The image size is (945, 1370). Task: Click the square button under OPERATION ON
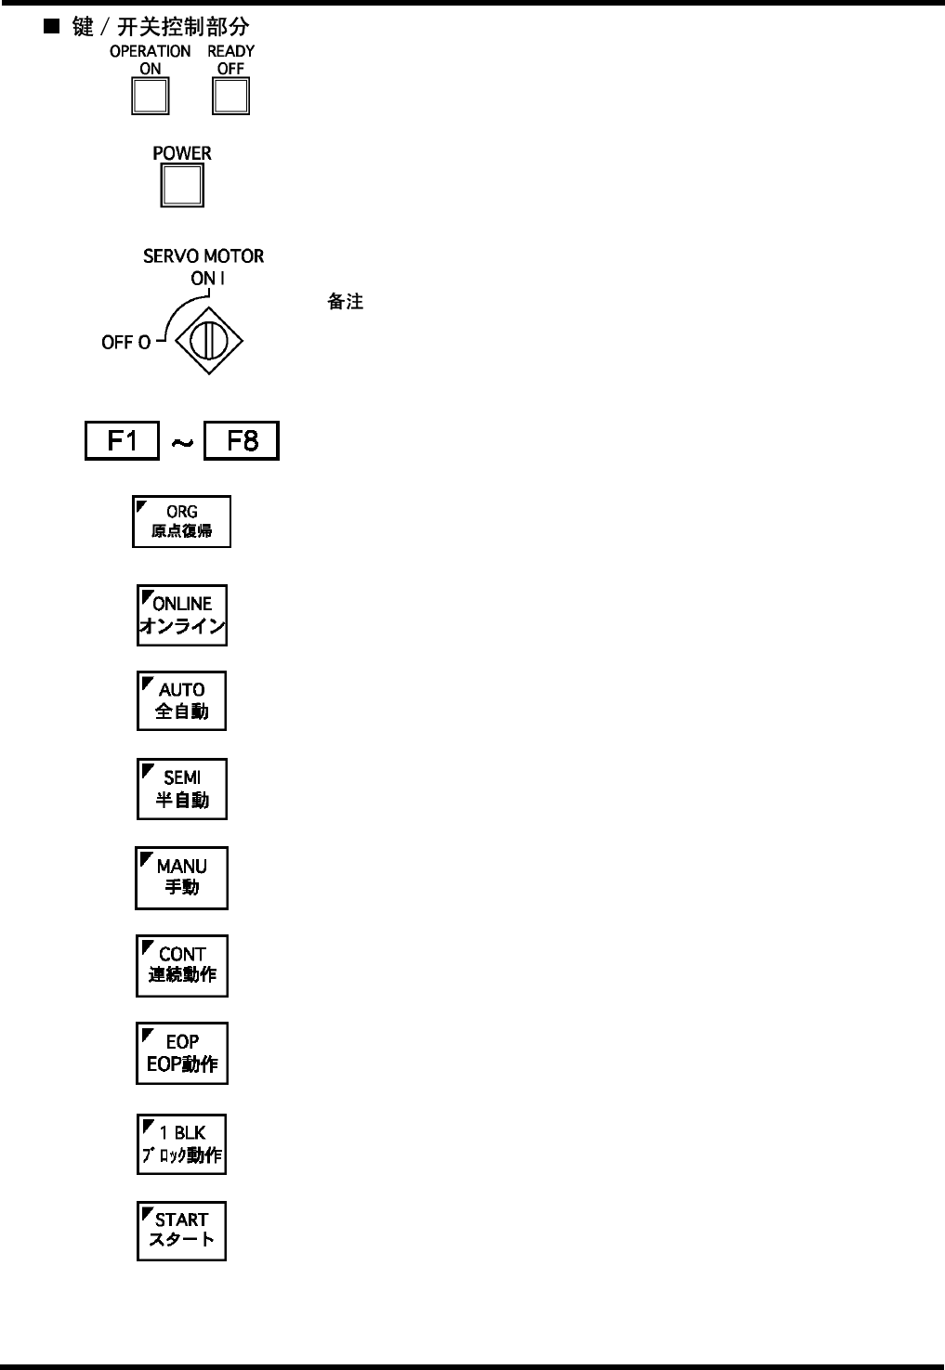(x=150, y=97)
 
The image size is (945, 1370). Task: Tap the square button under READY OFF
(x=230, y=97)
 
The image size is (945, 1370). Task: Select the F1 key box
(x=122, y=440)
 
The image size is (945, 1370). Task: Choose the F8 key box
(x=242, y=440)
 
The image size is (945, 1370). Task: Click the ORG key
(x=181, y=521)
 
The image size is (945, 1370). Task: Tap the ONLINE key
(x=182, y=615)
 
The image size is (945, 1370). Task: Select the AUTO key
(x=182, y=700)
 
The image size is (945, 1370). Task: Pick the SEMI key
(x=182, y=789)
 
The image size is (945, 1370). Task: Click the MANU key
(x=182, y=877)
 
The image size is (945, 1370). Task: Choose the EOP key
(x=182, y=1053)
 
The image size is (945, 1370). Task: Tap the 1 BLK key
(x=182, y=1143)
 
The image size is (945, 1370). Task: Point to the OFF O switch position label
(x=125, y=343)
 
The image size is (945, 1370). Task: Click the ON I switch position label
(x=203, y=278)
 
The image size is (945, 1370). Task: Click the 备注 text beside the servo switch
(x=345, y=303)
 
